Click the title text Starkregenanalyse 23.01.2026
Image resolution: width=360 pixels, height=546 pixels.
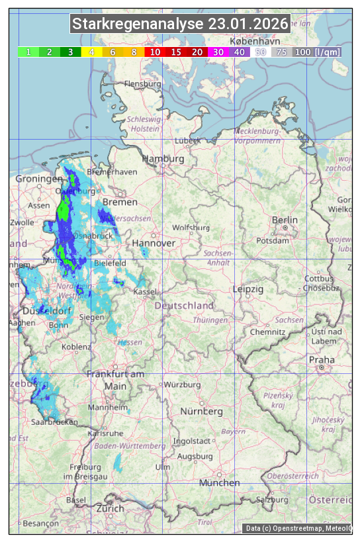point(180,24)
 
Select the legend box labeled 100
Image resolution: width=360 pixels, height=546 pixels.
point(302,52)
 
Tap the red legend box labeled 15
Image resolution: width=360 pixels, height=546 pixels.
point(176,52)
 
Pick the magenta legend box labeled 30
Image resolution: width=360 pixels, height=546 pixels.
point(218,52)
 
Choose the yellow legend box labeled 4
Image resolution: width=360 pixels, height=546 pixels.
point(92,52)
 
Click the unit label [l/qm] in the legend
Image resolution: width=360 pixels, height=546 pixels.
point(328,52)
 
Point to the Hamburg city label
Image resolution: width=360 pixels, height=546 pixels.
point(163,159)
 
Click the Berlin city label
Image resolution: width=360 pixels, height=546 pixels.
point(285,220)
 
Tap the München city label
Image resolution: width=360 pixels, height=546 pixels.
point(219,482)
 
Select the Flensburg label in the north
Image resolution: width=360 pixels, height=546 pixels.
point(143,84)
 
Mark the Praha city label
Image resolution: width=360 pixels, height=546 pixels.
point(322,359)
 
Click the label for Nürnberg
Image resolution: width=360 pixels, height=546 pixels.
point(202,411)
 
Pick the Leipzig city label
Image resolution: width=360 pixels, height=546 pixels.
point(248,289)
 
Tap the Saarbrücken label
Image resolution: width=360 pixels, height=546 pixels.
point(54,422)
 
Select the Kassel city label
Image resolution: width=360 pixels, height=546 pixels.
point(144,291)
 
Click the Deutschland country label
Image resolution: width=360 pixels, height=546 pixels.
point(184,305)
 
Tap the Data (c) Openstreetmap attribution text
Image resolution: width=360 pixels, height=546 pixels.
point(298,528)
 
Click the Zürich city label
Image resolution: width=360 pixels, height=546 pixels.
point(110,508)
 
